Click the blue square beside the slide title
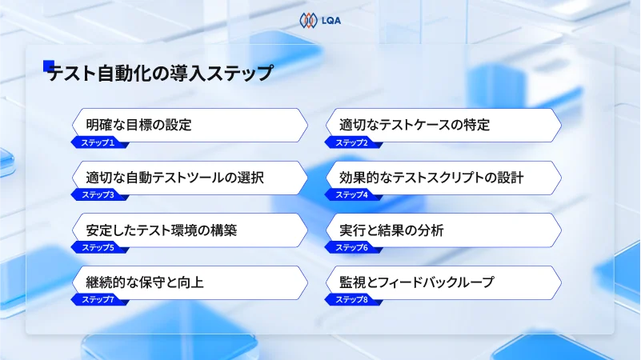(x=49, y=66)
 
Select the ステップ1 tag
(x=98, y=142)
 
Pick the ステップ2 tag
(x=351, y=142)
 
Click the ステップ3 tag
(x=98, y=195)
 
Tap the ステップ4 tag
(x=351, y=195)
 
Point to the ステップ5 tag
(x=98, y=247)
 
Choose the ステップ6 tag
(x=351, y=247)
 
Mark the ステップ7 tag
(x=98, y=299)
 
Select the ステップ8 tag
(x=351, y=299)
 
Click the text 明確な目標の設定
(x=138, y=125)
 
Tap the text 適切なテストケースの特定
(x=414, y=125)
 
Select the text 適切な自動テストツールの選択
(x=174, y=178)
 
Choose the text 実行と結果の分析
(x=391, y=230)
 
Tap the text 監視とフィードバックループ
(x=416, y=282)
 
